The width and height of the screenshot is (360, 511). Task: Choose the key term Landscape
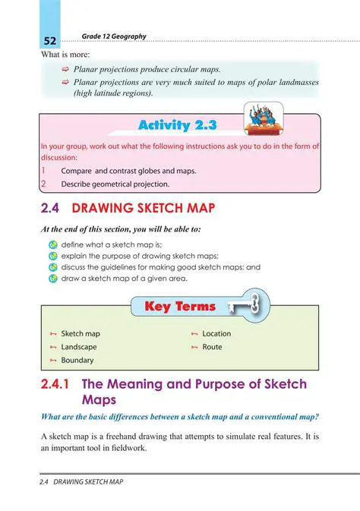tap(78, 347)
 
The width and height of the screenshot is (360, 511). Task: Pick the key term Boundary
tap(77, 360)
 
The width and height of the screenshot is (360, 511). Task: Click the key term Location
tap(216, 333)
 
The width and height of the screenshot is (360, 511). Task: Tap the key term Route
tap(212, 347)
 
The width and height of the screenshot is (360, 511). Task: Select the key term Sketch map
tap(80, 333)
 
